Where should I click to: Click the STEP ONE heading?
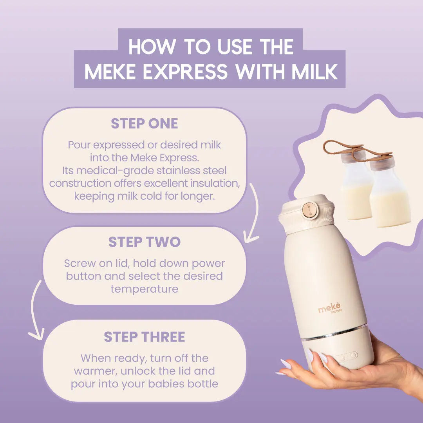144,123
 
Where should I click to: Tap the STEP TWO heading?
144,242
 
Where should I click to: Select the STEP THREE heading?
144,337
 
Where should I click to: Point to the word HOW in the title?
152,47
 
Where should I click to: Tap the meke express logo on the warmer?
330,309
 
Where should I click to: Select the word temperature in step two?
144,289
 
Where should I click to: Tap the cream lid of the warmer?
306,213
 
